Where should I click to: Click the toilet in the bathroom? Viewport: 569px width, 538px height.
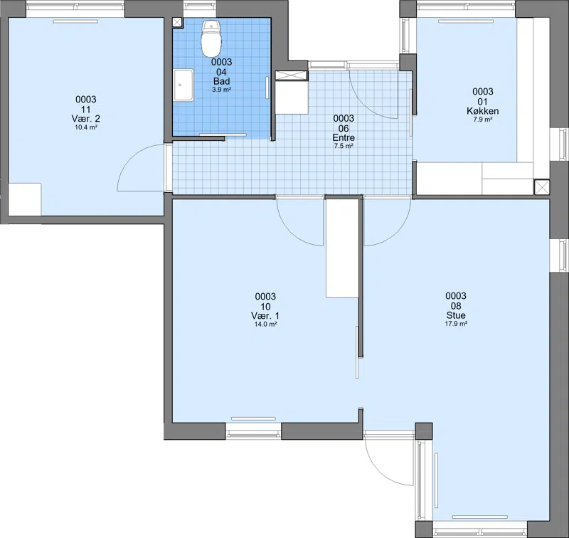(x=211, y=38)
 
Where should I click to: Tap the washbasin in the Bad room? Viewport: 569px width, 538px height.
(x=184, y=85)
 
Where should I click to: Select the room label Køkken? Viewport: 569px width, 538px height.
(x=483, y=111)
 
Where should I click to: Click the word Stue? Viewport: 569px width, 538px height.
(x=456, y=315)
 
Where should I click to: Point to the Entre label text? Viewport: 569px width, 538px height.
(x=344, y=137)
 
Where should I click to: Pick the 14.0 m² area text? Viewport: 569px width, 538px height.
(x=265, y=325)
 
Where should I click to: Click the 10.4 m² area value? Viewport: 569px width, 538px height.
(x=86, y=127)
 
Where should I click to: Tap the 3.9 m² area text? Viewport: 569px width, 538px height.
(x=222, y=89)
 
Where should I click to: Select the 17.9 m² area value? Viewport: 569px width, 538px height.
(x=456, y=324)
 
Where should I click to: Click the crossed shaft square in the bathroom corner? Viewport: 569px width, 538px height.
(x=177, y=22)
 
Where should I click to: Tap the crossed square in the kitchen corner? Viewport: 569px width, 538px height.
(x=542, y=187)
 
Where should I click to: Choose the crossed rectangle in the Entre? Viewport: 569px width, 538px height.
(x=291, y=75)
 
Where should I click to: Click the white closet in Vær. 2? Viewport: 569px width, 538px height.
(x=25, y=199)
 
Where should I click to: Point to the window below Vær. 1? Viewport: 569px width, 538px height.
(x=253, y=432)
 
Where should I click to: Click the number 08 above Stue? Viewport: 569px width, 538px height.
(x=456, y=306)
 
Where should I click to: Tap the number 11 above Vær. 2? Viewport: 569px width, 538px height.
(x=86, y=110)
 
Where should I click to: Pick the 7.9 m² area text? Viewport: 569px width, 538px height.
(x=483, y=120)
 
